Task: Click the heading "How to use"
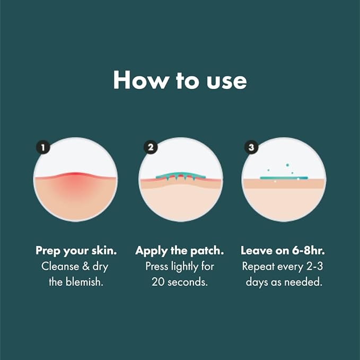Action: [180, 80]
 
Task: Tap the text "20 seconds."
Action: [180, 282]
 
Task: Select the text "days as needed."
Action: [284, 282]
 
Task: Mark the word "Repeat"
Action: [258, 266]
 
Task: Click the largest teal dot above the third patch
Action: [287, 165]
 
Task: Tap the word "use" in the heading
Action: [226, 80]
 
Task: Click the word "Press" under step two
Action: [157, 266]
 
